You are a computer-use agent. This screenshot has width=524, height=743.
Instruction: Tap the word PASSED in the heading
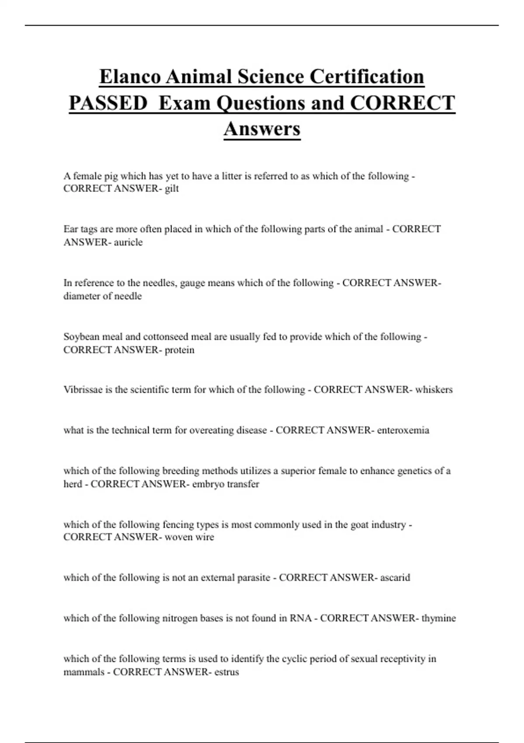coord(108,104)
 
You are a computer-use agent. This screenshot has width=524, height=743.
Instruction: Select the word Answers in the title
coord(262,129)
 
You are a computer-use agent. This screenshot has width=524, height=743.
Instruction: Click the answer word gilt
coord(172,189)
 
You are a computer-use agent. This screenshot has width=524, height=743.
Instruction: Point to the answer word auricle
coord(128,243)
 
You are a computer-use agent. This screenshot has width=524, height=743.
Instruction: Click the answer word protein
coord(179,350)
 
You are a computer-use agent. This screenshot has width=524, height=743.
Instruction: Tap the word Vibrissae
coord(83,390)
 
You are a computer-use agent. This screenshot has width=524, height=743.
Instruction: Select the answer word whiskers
coord(434,390)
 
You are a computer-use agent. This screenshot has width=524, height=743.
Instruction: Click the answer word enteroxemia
coord(403,431)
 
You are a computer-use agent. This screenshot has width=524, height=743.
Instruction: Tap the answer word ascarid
coord(395,578)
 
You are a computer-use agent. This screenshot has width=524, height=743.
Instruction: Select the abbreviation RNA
coord(300,618)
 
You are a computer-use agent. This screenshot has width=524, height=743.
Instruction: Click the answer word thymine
coord(438,618)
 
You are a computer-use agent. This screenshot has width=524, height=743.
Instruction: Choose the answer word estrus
coord(226,672)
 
